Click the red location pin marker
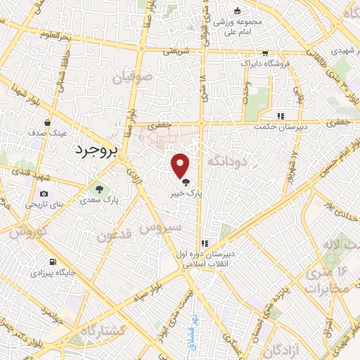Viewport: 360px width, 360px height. (x=181, y=165)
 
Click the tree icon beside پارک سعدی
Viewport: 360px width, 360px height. (x=99, y=188)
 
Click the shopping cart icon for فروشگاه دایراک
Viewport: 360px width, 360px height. (x=264, y=53)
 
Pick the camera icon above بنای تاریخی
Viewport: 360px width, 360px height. (x=44, y=194)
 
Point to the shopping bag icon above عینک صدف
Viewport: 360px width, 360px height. (x=47, y=121)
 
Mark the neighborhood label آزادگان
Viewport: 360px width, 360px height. (x=290, y=347)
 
